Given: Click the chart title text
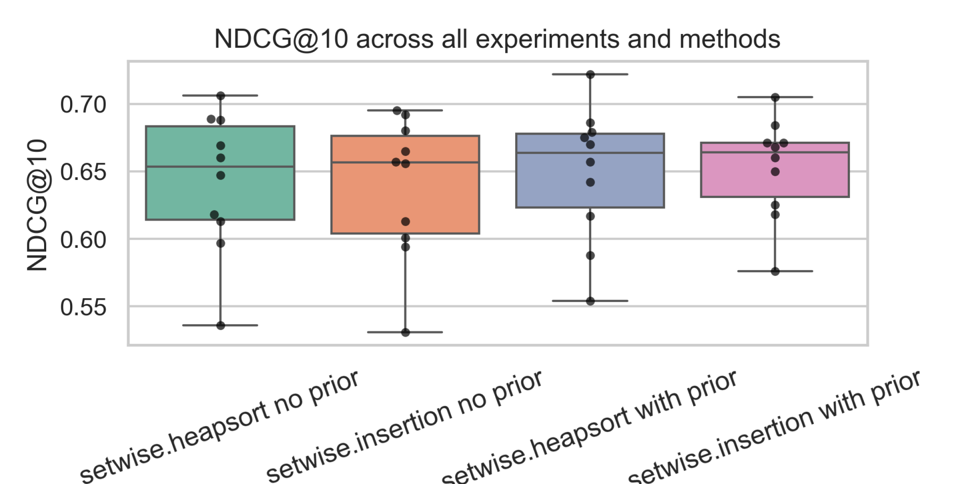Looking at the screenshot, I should point(497,39).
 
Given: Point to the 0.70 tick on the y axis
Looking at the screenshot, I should point(83,104).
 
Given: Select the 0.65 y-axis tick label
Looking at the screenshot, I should point(83,172).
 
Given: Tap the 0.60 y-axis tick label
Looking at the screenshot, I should point(83,240).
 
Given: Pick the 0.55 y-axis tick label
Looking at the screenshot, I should point(83,307).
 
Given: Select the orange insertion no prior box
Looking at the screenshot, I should point(365,197).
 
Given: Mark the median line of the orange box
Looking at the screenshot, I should point(365,162).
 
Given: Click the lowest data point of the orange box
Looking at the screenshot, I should point(405,333).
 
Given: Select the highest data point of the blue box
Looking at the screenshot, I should point(590,75).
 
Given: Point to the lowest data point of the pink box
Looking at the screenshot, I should point(775,271).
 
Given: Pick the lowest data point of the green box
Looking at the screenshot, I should point(220,325).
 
